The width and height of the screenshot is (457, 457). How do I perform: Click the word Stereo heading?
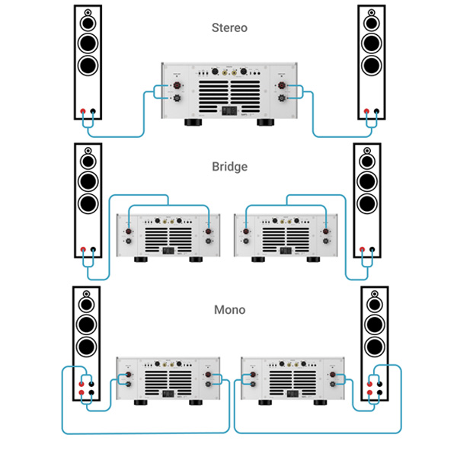(x=229, y=28)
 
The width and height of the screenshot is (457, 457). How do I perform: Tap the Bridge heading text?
(x=229, y=166)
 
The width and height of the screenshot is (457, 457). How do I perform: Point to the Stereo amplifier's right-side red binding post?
(x=283, y=85)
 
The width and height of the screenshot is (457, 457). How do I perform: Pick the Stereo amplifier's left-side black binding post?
(x=174, y=98)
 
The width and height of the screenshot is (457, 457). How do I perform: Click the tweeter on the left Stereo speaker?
(x=88, y=14)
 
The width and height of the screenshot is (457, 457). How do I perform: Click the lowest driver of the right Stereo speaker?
(x=370, y=64)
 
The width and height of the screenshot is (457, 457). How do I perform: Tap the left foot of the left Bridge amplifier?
(x=139, y=259)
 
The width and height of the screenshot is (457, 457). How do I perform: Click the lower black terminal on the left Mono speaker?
(x=91, y=392)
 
